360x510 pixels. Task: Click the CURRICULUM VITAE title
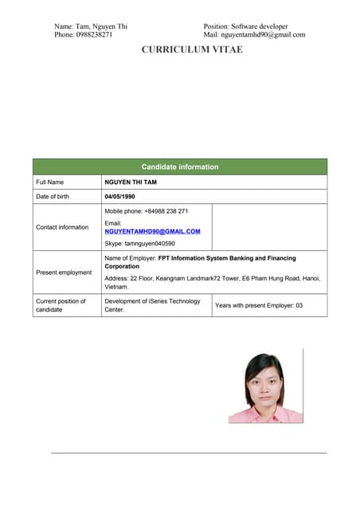point(192,49)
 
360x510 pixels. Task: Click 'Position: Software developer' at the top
point(245,26)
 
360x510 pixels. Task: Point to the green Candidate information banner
point(179,167)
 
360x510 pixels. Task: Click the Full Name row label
point(49,182)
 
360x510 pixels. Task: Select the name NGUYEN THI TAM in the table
point(131,182)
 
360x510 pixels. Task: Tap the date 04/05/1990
point(120,196)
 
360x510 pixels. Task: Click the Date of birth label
point(53,196)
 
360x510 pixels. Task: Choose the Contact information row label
point(62,227)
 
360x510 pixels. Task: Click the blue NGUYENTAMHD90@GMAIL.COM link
point(152,231)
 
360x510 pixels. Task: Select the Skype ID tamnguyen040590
point(140,243)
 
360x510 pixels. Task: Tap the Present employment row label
point(64,273)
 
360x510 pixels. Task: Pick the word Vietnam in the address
point(116,287)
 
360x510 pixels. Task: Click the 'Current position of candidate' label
point(61,305)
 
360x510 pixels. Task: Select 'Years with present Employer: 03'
point(259,305)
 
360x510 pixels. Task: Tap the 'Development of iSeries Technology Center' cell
point(152,305)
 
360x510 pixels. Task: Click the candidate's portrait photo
point(265,386)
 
